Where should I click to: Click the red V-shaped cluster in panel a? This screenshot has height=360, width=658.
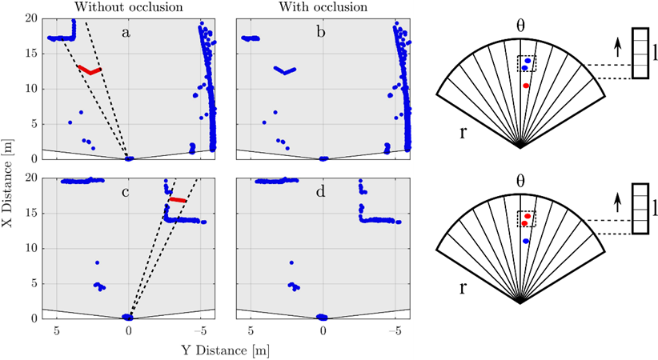point(90,70)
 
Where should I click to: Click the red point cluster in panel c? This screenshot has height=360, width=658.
point(178,199)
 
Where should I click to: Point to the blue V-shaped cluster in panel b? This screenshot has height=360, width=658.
point(284,70)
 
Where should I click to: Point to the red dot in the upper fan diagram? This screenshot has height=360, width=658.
point(526,86)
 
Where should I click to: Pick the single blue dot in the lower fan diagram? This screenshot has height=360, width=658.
point(526,241)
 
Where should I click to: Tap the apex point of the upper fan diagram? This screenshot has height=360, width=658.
point(520,146)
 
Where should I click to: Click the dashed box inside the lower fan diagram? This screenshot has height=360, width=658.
point(527,219)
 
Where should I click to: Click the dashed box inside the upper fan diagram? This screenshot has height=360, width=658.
point(527,63)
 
